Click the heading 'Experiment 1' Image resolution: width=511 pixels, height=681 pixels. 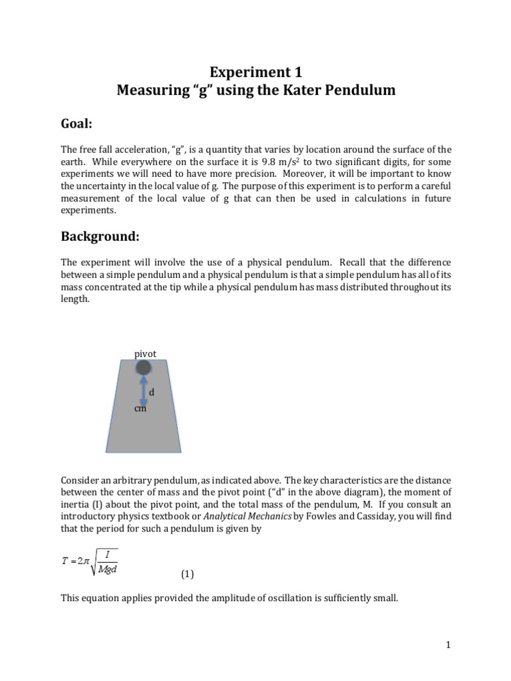[x=255, y=72]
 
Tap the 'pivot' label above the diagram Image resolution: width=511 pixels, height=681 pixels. [x=145, y=354]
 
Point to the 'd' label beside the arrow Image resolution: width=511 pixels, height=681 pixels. [x=152, y=393]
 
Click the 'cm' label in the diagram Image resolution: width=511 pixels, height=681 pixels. [x=140, y=409]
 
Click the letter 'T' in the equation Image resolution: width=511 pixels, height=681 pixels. [x=65, y=561]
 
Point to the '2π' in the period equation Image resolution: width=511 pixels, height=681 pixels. [x=83, y=561]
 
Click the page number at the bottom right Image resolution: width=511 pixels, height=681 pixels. [x=448, y=644]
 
